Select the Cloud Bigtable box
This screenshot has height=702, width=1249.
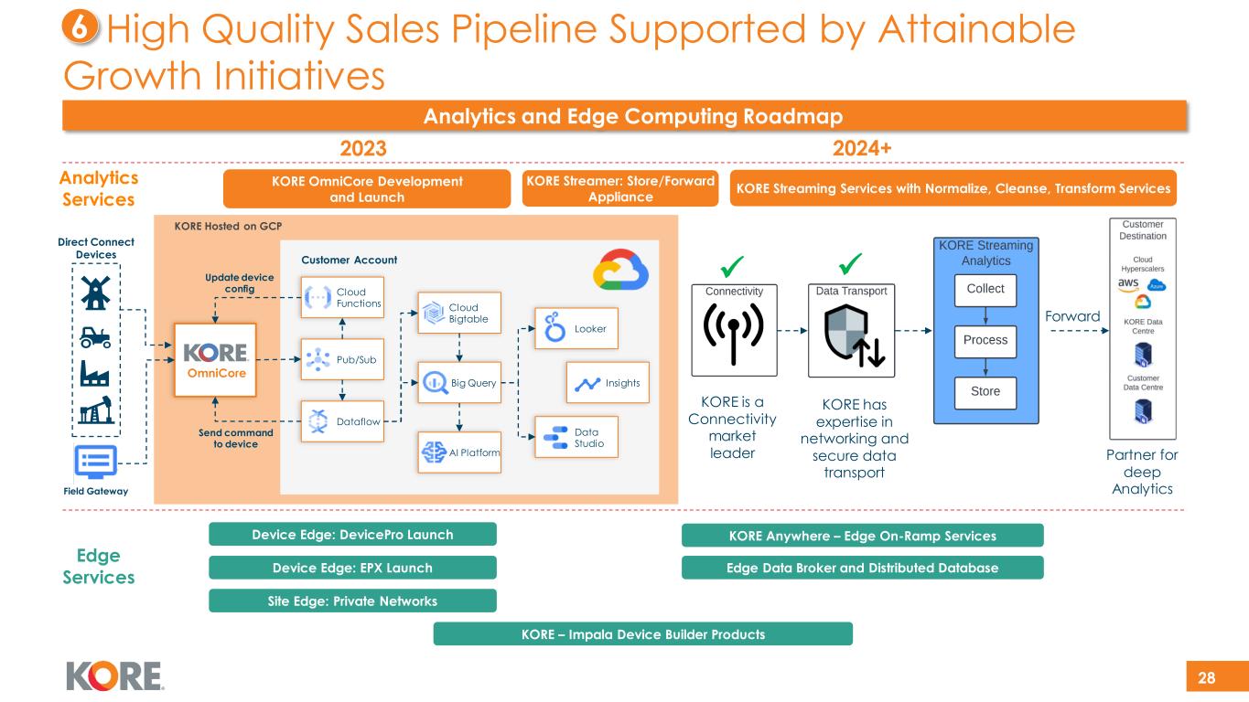pyautogui.click(x=459, y=313)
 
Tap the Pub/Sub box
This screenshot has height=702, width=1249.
pyautogui.click(x=342, y=359)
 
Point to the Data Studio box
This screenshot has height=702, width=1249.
pyautogui.click(x=576, y=437)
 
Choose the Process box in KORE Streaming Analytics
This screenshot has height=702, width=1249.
pyautogui.click(x=985, y=340)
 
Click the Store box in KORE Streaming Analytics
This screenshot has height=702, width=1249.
pyautogui.click(x=985, y=392)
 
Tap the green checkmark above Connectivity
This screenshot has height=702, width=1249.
pyautogui.click(x=732, y=265)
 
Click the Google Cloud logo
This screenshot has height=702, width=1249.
pyautogui.click(x=619, y=269)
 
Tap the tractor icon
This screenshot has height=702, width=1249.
pyautogui.click(x=94, y=337)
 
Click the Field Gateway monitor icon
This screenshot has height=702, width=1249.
pyautogui.click(x=94, y=463)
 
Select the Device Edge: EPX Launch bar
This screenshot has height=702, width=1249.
pyautogui.click(x=352, y=568)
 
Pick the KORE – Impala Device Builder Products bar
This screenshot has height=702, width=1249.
pyautogui.click(x=642, y=633)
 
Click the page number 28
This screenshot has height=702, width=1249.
pyautogui.click(x=1207, y=677)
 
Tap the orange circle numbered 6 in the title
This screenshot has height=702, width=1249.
pyautogui.click(x=80, y=30)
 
